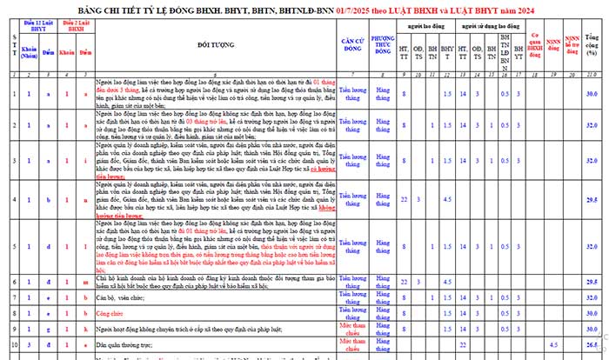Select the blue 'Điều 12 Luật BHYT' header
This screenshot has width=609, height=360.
[x=37, y=26]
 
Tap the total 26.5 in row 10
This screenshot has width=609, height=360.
[x=592, y=343]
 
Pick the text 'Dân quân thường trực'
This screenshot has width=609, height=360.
[x=120, y=343]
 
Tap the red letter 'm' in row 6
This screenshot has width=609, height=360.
[x=85, y=282]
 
